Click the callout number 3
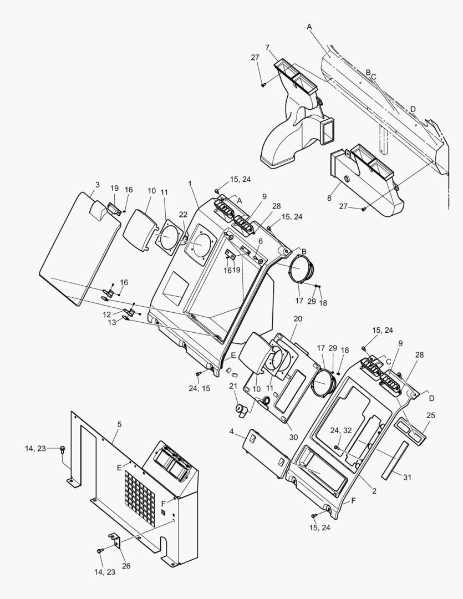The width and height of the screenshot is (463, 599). [97, 185]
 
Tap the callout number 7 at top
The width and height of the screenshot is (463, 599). [267, 48]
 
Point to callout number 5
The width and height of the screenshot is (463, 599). [119, 424]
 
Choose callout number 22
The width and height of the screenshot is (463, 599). [183, 215]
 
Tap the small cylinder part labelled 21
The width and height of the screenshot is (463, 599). [241, 412]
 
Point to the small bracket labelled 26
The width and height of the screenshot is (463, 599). [115, 539]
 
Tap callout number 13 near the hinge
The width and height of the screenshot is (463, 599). [113, 322]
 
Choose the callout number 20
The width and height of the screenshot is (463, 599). [298, 319]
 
